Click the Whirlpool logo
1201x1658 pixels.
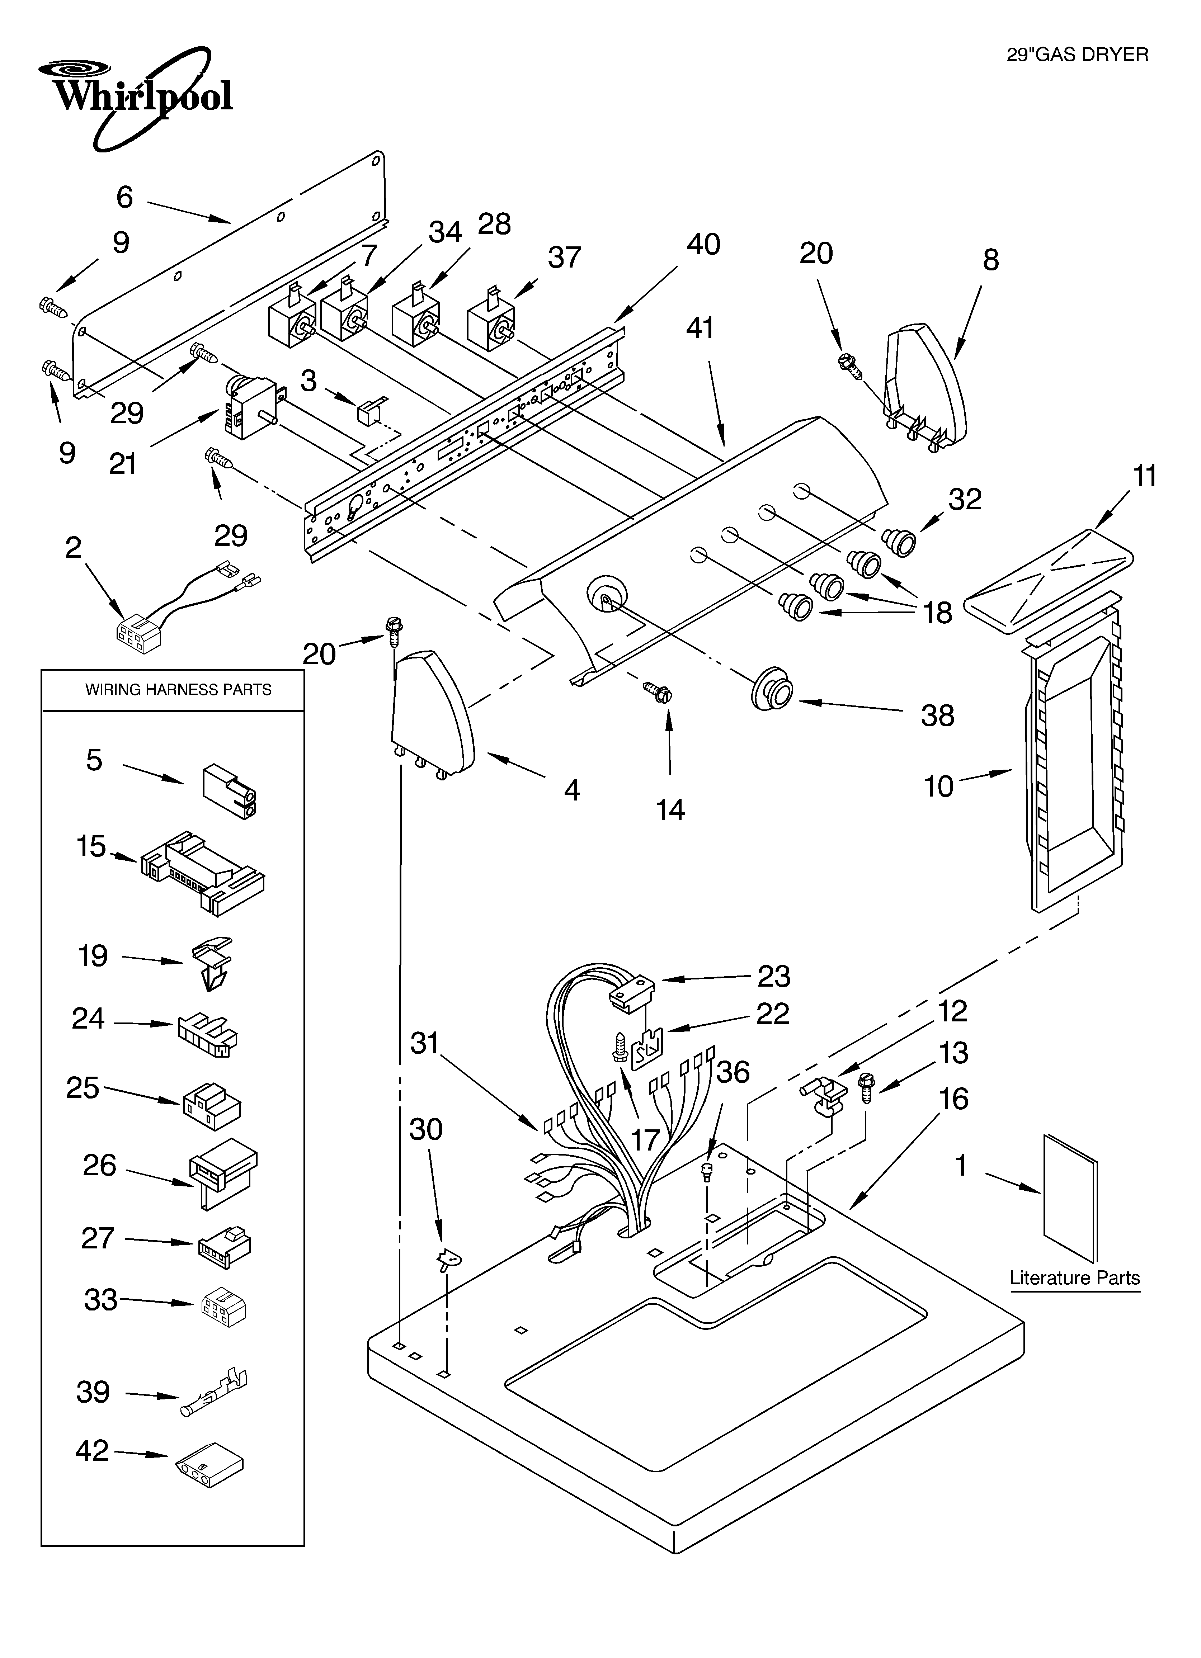point(135,95)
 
